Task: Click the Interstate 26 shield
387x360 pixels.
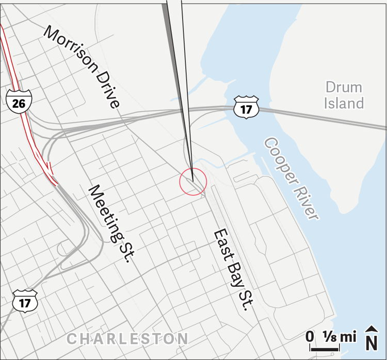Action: pyautogui.click(x=19, y=102)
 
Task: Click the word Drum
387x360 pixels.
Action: pyautogui.click(x=344, y=87)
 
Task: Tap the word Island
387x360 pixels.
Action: pyautogui.click(x=344, y=103)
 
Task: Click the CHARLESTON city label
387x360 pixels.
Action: pyautogui.click(x=127, y=339)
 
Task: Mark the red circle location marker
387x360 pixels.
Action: pyautogui.click(x=193, y=182)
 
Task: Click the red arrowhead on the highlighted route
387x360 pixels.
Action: pyautogui.click(x=50, y=169)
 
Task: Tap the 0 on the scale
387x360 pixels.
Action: pyautogui.click(x=310, y=337)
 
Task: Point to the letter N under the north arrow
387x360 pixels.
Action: pyautogui.click(x=370, y=343)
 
